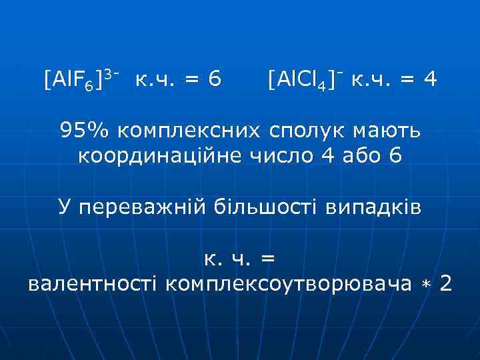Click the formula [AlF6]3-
pyautogui.click(x=81, y=81)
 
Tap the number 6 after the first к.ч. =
pyautogui.click(x=214, y=81)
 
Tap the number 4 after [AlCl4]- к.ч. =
pyautogui.click(x=430, y=81)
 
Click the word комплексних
pyautogui.click(x=187, y=129)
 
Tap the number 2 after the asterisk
pyautogui.click(x=446, y=284)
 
